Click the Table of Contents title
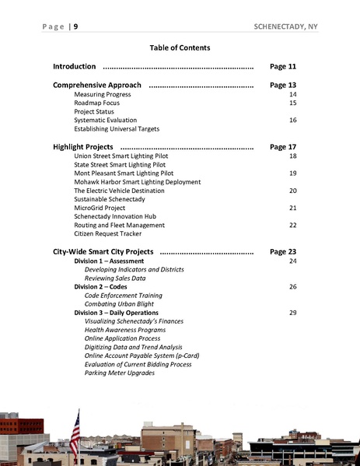pos(180,47)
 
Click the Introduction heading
pos(75,67)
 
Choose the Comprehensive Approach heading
pos(97,85)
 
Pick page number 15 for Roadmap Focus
pos(292,103)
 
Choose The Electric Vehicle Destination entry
pos(119,191)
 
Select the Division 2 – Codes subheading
pos(100,287)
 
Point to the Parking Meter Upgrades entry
pos(120,373)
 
